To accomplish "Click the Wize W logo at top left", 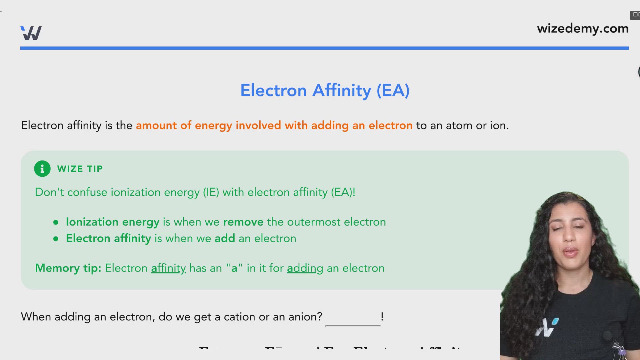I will (x=31, y=33).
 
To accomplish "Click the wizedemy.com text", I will (x=582, y=29).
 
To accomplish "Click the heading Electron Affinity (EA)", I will (x=325, y=90).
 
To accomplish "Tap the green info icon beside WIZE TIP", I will (x=42, y=169).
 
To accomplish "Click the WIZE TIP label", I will (x=80, y=169).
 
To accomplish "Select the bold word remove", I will (x=243, y=222).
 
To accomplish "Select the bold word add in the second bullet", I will (x=225, y=238).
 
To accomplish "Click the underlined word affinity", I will (x=168, y=268).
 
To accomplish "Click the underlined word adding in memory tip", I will (x=305, y=268).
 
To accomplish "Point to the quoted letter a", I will (x=234, y=268).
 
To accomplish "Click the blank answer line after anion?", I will (x=353, y=322).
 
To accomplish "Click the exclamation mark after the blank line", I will (x=382, y=316).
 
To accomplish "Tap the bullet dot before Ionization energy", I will (x=56, y=222).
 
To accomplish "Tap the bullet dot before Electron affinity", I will (x=56, y=239).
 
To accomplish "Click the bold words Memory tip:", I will (x=68, y=268).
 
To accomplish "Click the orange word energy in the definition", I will (x=213, y=126).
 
